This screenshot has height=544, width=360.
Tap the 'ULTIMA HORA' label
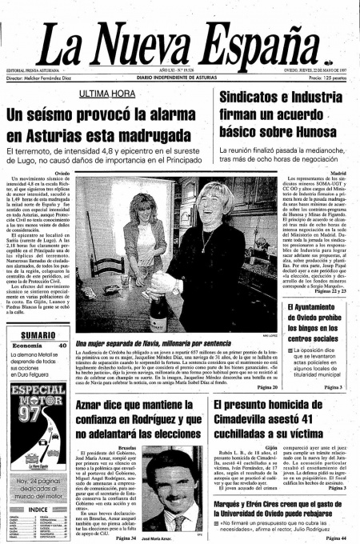[107, 94]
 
